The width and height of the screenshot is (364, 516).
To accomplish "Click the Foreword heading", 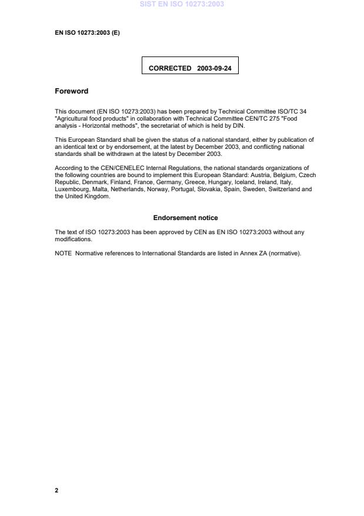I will (x=71, y=91).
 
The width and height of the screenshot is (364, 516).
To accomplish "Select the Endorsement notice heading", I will (x=185, y=218).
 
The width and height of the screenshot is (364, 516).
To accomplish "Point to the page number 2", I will (x=56, y=490).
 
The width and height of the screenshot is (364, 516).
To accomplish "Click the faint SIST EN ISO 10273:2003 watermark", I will (x=182, y=4).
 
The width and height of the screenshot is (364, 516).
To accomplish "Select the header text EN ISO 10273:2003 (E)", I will (x=87, y=33).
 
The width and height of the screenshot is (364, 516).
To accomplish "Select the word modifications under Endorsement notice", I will (x=73, y=239).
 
